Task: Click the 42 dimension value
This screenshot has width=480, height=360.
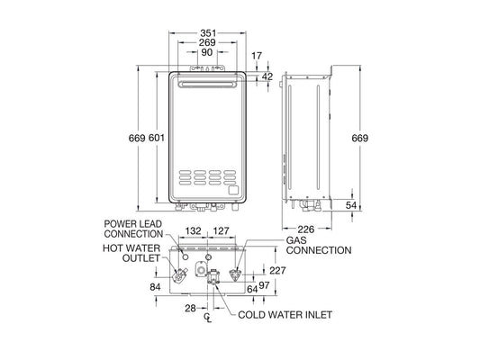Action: pyautogui.click(x=267, y=76)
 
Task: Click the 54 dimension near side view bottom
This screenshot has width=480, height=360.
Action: pyautogui.click(x=351, y=207)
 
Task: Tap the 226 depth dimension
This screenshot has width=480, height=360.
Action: pyautogui.click(x=306, y=228)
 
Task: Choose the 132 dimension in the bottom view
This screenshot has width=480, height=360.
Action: pyautogui.click(x=193, y=231)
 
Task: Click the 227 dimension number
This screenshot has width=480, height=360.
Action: pyautogui.click(x=277, y=270)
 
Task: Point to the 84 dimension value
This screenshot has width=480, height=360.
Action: pyautogui.click(x=154, y=287)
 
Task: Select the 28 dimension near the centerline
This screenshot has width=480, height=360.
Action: pyautogui.click(x=191, y=309)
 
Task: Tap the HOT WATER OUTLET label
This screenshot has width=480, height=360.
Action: pyautogui.click(x=131, y=253)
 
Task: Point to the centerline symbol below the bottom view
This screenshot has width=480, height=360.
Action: pyautogui.click(x=209, y=319)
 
